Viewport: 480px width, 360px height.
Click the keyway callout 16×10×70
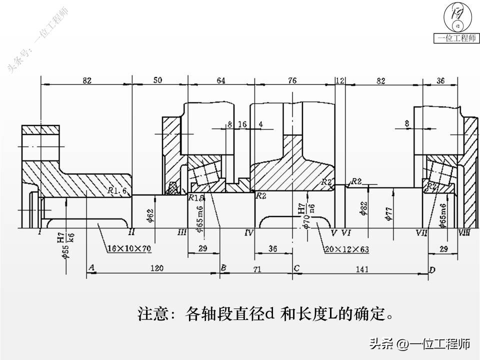tap(129, 247)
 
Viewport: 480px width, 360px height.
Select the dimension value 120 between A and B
tap(156, 268)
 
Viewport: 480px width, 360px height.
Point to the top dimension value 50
tap(157, 80)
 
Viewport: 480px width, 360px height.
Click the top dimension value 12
tap(340, 80)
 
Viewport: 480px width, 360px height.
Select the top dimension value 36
tap(440, 80)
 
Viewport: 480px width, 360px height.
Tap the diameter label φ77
tap(388, 212)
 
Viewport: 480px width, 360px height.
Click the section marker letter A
tap(91, 268)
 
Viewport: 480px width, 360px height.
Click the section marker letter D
tap(432, 270)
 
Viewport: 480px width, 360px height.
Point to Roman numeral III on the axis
tap(182, 233)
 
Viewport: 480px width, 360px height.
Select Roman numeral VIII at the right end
tap(464, 233)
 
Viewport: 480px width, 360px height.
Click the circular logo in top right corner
tap(457, 17)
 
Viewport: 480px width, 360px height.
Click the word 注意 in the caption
tap(151, 314)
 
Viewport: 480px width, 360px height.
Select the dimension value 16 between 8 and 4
tap(242, 124)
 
